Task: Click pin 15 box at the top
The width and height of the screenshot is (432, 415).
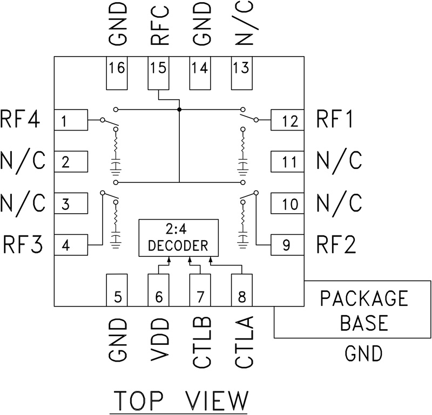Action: tap(158, 74)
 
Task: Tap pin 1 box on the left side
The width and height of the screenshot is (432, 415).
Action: tap(71, 120)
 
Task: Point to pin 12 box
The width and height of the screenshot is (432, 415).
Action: tap(286, 120)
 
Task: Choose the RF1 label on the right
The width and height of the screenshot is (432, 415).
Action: tap(335, 119)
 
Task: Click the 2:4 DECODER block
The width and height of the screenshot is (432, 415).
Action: tap(178, 238)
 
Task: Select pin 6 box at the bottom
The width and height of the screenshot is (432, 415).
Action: tap(158, 290)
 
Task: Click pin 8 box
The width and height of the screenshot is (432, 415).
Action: tap(242, 290)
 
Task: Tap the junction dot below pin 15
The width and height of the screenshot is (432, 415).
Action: tap(179, 110)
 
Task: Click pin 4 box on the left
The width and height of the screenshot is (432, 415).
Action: tap(71, 246)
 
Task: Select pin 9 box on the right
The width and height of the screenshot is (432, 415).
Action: tap(286, 246)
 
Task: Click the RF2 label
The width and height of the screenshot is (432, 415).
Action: tap(335, 246)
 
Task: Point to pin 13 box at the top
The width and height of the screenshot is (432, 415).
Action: tap(242, 74)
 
